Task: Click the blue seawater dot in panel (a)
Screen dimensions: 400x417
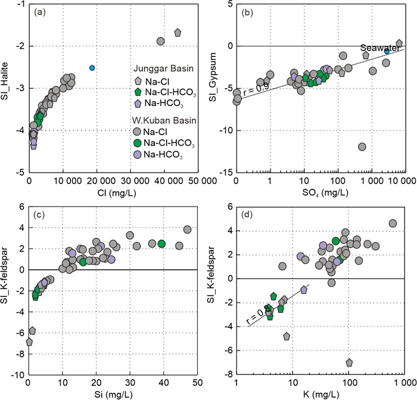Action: point(92,68)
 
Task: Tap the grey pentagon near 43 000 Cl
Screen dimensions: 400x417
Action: point(177,33)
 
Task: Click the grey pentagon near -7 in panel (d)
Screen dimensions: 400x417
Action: point(349,362)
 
